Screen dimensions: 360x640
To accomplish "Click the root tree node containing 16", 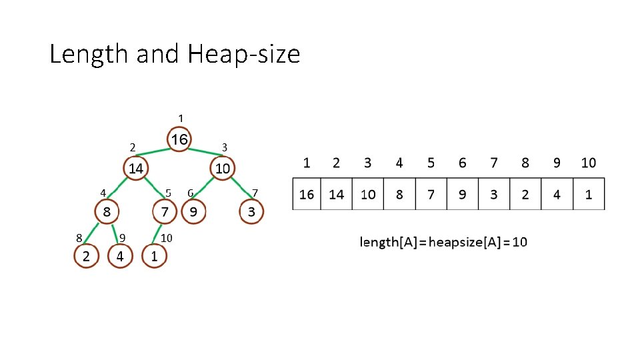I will [x=179, y=139].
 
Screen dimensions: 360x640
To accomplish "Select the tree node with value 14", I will [x=135, y=168].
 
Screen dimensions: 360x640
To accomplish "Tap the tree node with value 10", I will [x=222, y=168].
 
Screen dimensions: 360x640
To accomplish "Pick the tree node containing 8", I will [x=107, y=212].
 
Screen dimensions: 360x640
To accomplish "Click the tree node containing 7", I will [x=164, y=212].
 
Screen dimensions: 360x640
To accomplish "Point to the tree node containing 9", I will [x=193, y=212].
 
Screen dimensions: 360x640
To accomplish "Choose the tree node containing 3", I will [x=251, y=212].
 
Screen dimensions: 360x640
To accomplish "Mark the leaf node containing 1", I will [x=154, y=256].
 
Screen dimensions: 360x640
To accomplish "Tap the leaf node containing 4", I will [x=120, y=256].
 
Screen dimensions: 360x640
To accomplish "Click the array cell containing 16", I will [x=307, y=194].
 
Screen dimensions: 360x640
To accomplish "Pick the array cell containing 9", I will [x=463, y=194].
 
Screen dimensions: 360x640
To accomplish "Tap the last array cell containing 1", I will [x=589, y=194].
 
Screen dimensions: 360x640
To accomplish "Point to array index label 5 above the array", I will [x=431, y=163].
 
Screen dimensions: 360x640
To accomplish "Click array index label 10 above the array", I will [x=589, y=163].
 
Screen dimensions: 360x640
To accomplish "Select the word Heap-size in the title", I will [x=244, y=54].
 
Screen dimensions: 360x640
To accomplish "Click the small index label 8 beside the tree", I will [x=79, y=237].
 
